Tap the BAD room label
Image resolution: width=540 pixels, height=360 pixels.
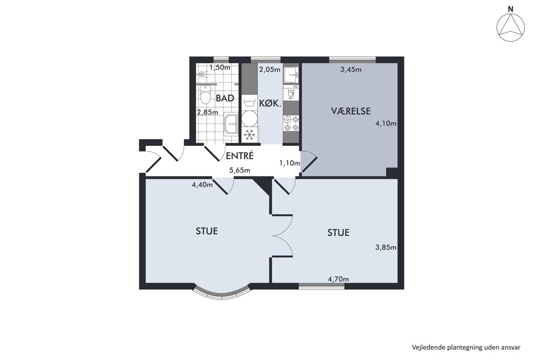225,98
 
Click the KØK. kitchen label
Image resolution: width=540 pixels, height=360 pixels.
270,103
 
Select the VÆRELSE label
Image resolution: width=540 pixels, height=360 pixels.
351,111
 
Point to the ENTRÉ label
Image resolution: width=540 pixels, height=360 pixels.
239,156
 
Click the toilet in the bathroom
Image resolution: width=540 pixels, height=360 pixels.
205,94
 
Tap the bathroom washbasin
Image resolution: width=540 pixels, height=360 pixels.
231,124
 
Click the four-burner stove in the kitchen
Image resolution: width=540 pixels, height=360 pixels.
291,123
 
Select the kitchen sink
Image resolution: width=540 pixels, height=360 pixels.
291,75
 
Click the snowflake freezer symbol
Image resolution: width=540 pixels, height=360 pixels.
249,135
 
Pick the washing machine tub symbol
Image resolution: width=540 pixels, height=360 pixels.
249,103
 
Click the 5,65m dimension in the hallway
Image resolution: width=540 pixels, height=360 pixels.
239,170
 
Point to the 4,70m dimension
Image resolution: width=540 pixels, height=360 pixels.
338,279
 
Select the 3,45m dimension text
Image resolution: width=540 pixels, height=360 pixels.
351,70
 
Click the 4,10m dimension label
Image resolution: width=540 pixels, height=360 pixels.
386,123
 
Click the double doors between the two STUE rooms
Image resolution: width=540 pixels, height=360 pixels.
282,235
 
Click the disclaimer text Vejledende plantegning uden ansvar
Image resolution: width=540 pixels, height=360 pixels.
466,347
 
